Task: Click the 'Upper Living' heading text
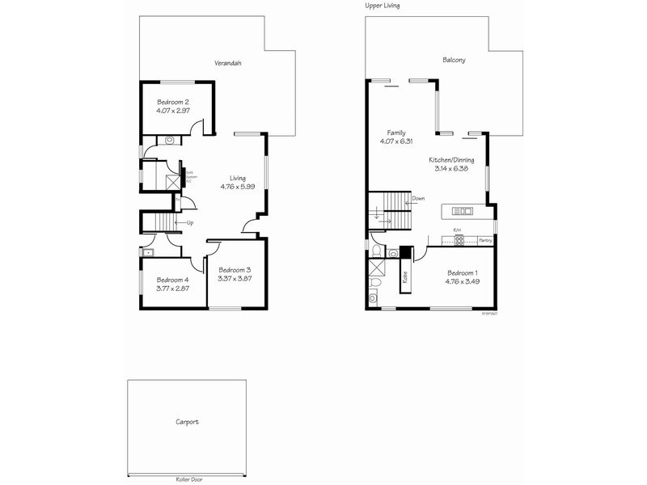[383, 5]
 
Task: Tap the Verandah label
[228, 62]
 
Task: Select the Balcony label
[454, 60]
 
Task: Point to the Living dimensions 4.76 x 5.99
[237, 187]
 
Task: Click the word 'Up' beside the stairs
[190, 222]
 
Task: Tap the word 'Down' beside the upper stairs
[418, 198]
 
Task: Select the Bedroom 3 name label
[235, 270]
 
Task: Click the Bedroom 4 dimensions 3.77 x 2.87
[173, 289]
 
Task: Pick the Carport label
[187, 422]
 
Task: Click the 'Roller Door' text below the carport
[188, 479]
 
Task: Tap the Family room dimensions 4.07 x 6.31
[396, 141]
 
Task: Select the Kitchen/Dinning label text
[451, 160]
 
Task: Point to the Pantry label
[485, 240]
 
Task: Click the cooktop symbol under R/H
[457, 240]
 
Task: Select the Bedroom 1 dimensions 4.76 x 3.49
[462, 282]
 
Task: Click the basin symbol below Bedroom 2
[170, 140]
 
